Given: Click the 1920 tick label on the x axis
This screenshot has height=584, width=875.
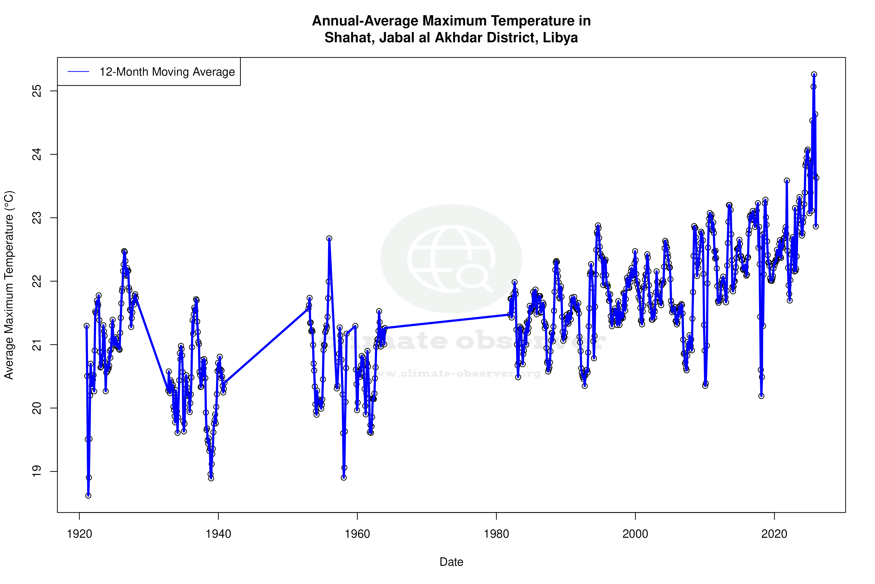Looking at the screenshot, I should point(79,534).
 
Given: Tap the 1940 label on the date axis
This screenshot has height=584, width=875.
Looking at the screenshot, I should point(218,534).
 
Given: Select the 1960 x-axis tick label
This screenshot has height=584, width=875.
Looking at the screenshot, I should point(357,534).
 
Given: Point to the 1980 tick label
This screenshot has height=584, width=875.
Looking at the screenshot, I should point(496,534).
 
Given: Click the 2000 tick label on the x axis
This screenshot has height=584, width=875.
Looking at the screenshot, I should point(635,534).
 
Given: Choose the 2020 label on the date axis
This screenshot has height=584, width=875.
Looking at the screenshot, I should point(774,534).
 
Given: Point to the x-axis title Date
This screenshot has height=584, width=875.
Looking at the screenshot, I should point(451,562).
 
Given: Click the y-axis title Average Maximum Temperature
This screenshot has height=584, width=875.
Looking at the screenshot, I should point(9,285).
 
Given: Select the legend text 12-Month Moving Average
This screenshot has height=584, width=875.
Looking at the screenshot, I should point(167,72).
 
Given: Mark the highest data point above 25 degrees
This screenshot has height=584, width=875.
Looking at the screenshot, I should point(814,75).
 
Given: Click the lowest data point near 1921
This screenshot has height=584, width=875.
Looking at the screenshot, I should point(88,495).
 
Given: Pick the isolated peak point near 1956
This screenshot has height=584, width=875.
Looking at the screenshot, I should point(329,238).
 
